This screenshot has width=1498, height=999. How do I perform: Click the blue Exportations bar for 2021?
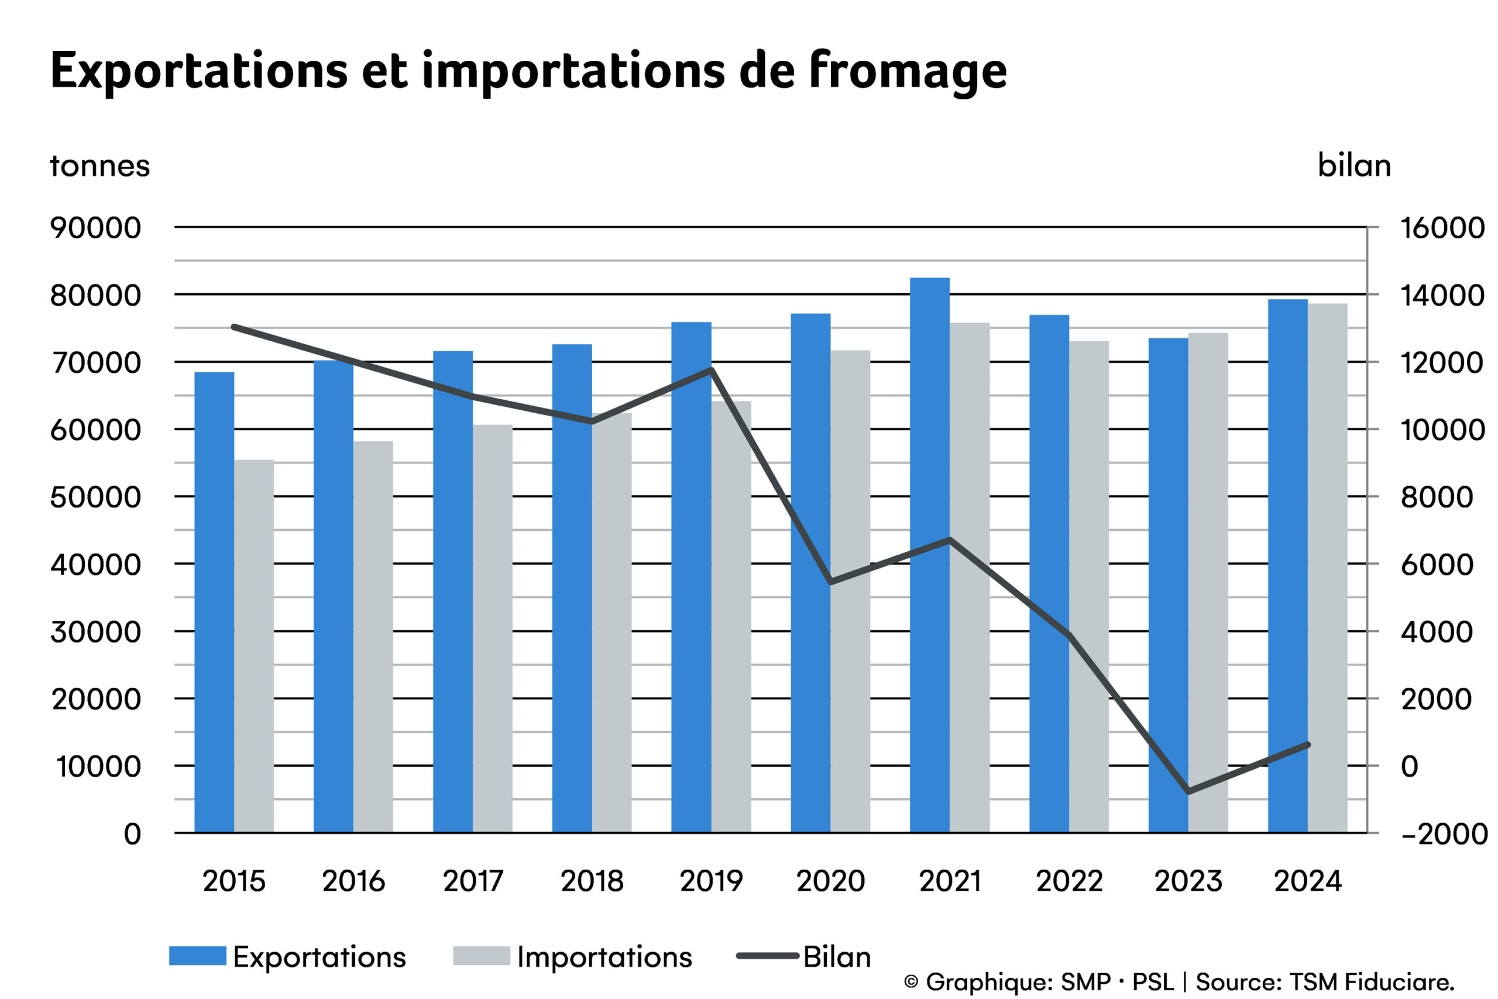tap(929, 554)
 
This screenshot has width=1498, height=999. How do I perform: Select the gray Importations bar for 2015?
tap(253, 646)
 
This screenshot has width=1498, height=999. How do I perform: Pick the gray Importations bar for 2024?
tap(1327, 568)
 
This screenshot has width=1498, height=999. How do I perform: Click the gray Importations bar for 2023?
tap(1208, 582)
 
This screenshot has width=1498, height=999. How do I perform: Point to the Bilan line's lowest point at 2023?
tap(1188, 792)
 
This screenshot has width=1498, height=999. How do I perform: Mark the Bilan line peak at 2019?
tap(712, 369)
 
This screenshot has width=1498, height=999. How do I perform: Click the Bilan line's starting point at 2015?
tap(233, 327)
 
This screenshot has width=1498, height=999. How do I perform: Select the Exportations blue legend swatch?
tap(197, 956)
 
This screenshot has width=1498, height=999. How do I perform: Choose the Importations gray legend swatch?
tap(482, 956)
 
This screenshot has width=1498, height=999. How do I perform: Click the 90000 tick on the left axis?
tap(95, 228)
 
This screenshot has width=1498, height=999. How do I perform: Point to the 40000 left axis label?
tap(95, 565)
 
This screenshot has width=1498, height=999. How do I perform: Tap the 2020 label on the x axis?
tap(830, 881)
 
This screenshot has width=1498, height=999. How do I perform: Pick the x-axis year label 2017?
tap(473, 881)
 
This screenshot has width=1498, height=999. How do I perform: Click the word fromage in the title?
tap(908, 71)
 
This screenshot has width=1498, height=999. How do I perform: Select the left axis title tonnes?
tap(100, 166)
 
